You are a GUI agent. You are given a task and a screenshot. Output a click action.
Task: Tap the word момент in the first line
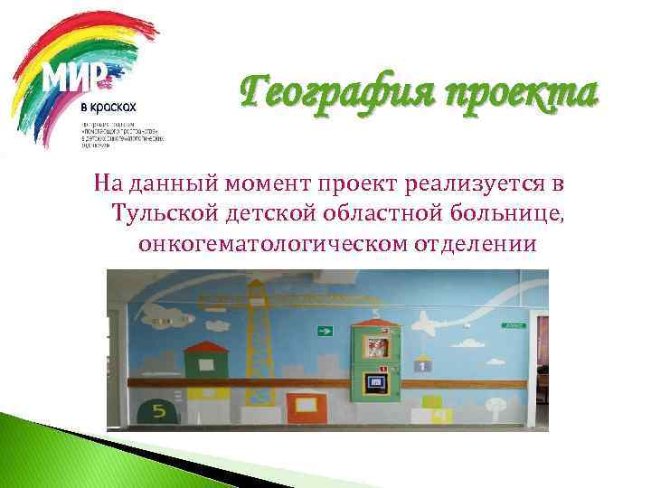pyautogui.click(x=277, y=184)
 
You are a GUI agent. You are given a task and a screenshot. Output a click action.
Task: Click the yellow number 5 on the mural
pyautogui.click(x=158, y=412)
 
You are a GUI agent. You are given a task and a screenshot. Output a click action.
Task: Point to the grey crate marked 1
pyautogui.click(x=422, y=365)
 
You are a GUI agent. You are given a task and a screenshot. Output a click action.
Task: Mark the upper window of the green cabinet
pyautogui.click(x=376, y=346)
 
